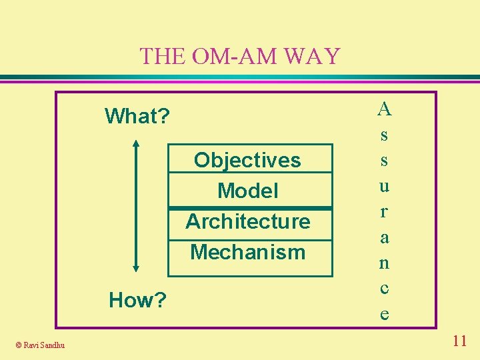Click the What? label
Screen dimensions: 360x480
pos(137,117)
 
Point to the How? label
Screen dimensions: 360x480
pos(137,301)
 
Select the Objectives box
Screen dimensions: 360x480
pos(247,160)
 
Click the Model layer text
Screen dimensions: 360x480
pos(247,191)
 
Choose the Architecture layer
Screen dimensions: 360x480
pos(247,221)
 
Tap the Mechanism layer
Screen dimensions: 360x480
pos(247,252)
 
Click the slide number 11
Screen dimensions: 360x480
pos(459,341)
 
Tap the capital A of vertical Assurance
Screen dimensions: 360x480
pos(384,107)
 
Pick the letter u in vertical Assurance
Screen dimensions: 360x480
pos(384,186)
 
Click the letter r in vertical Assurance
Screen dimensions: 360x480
pos(384,212)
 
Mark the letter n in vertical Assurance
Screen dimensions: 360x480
pos(384,263)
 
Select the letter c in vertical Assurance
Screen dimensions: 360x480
pos(384,289)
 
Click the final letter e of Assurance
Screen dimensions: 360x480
pos(384,314)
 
